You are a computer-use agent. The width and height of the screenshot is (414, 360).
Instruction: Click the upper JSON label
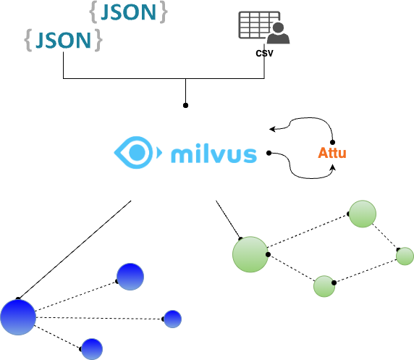coord(130,12)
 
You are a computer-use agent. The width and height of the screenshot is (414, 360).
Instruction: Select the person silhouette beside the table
coord(276,33)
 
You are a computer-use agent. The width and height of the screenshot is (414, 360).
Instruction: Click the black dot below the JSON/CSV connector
coord(186,106)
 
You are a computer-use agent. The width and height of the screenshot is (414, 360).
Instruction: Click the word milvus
coord(214,154)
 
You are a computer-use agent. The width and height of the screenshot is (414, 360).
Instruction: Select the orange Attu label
coord(332,153)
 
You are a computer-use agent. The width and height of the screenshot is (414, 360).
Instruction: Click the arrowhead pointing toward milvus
coord(272,130)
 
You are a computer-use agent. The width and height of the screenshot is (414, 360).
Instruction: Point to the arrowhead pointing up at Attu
coord(332,168)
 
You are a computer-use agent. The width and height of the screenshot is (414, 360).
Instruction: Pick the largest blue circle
coord(18,317)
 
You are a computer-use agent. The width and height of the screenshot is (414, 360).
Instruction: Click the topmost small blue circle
coord(130,277)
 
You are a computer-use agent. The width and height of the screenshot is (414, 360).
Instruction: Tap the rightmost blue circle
coord(172,319)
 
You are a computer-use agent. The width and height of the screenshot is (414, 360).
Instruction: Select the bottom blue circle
coord(91,348)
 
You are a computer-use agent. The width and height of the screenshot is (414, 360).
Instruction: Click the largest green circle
coord(250,254)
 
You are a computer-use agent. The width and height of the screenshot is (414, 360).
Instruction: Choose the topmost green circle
coord(363,214)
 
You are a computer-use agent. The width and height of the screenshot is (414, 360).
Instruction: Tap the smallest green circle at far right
coord(405,256)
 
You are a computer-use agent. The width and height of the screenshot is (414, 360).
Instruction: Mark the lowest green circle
coord(324,286)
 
